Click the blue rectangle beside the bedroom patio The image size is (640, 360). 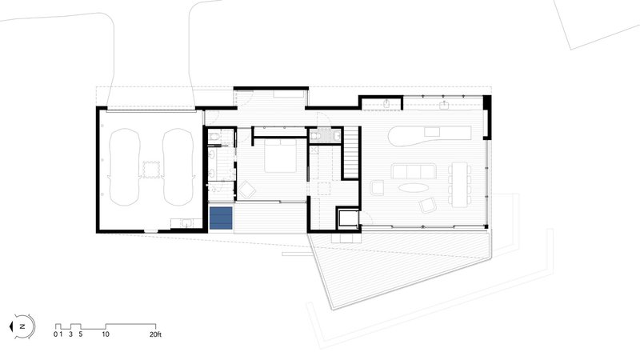click(221, 218)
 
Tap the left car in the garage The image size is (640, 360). click(124, 167)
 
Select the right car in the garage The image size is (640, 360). click(178, 167)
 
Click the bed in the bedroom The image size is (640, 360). click(280, 156)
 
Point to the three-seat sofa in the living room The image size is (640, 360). click(414, 171)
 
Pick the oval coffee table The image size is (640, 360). click(414, 187)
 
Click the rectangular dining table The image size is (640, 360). click(459, 183)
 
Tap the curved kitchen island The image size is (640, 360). click(430, 136)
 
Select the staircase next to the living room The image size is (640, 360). click(351, 152)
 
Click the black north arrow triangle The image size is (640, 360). click(11, 326)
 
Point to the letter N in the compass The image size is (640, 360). click(23, 326)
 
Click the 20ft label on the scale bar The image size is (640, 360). click(155, 334)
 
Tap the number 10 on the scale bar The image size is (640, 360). click(106, 334)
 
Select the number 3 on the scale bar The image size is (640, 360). click(70, 334)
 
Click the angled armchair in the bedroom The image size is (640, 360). click(247, 190)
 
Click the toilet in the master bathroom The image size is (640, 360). click(214, 137)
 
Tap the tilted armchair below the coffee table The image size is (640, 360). click(428, 205)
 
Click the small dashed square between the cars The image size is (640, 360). click(150, 170)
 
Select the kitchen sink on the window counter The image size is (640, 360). click(445, 106)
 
